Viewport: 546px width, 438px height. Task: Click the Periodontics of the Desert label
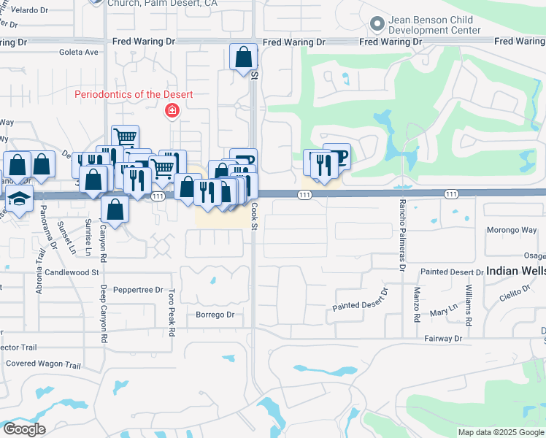[x=134, y=95]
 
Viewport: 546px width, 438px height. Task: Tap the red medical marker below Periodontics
[x=172, y=111]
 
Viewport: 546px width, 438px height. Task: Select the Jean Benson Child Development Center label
[x=434, y=26]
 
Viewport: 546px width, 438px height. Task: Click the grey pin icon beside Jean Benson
[x=377, y=24]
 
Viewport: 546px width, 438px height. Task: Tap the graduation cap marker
[x=19, y=198]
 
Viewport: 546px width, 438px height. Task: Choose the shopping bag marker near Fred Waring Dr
[x=244, y=57]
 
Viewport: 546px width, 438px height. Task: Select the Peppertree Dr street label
[x=138, y=290]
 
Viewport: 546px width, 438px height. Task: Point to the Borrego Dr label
[x=215, y=315]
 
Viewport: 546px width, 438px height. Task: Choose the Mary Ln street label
[x=443, y=312]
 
